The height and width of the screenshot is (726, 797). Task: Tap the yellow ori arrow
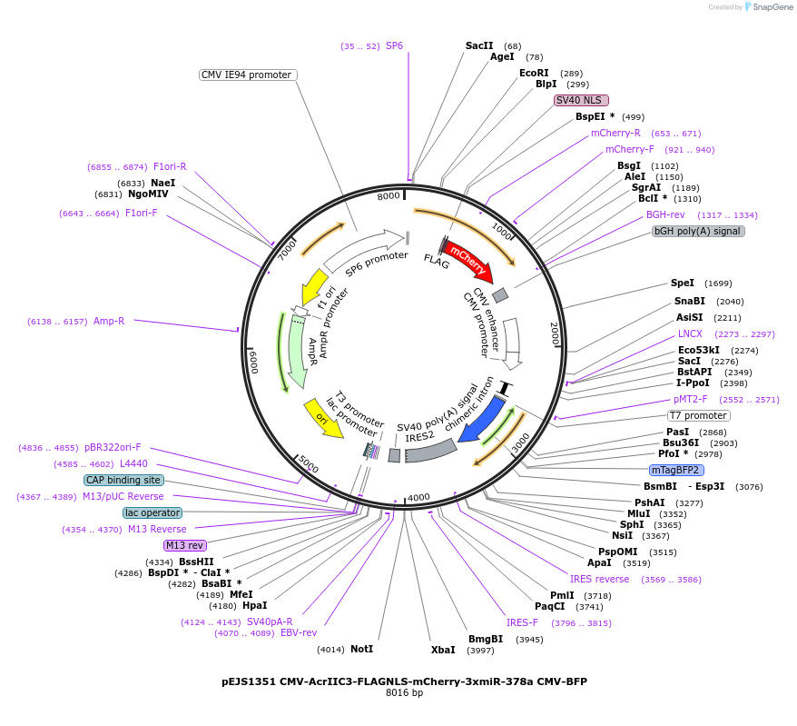tap(324, 417)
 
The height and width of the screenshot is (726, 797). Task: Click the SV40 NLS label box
tap(581, 100)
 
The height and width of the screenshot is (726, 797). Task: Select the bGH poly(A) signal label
tap(698, 231)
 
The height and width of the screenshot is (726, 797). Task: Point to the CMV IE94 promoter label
tap(248, 75)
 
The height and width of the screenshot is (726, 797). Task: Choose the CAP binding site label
tap(123, 480)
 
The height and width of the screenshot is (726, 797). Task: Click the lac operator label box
tap(153, 512)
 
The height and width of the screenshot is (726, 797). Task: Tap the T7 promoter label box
tap(699, 415)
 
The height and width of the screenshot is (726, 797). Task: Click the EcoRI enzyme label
tap(534, 73)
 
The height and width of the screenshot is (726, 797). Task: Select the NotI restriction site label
tap(361, 649)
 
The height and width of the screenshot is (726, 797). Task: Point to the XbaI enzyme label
tap(443, 650)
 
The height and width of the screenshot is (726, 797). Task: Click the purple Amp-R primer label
tap(109, 321)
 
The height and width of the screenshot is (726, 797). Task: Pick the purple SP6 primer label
tap(394, 45)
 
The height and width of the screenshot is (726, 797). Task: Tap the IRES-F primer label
tap(522, 622)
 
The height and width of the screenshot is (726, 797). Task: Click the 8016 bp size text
tap(404, 693)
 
